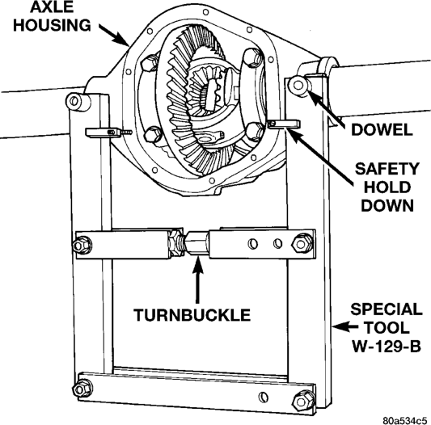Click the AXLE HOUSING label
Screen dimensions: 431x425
pos(52,16)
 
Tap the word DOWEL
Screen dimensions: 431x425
pos(382,129)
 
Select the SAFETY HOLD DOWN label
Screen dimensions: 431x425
pos(387,187)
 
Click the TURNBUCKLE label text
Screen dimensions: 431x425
pos(192,315)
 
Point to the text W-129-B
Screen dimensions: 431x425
pos(387,347)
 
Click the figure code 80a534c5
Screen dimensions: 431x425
pos(406,421)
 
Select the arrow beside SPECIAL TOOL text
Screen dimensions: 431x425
pos(344,326)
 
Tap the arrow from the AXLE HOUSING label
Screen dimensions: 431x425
pos(114,35)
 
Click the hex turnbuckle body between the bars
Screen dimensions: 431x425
pos(196,244)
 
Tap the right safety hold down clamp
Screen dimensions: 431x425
pos(284,124)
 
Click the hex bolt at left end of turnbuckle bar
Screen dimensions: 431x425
pos(82,245)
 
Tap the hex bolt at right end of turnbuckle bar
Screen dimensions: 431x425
pos(302,243)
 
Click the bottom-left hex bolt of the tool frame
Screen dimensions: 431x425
pos(82,389)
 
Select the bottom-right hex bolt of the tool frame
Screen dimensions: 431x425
pos(303,402)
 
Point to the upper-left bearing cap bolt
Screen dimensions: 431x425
pos(150,63)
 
